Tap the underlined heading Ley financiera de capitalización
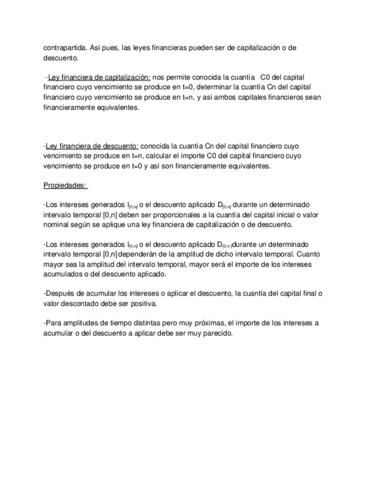tap(97, 76)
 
